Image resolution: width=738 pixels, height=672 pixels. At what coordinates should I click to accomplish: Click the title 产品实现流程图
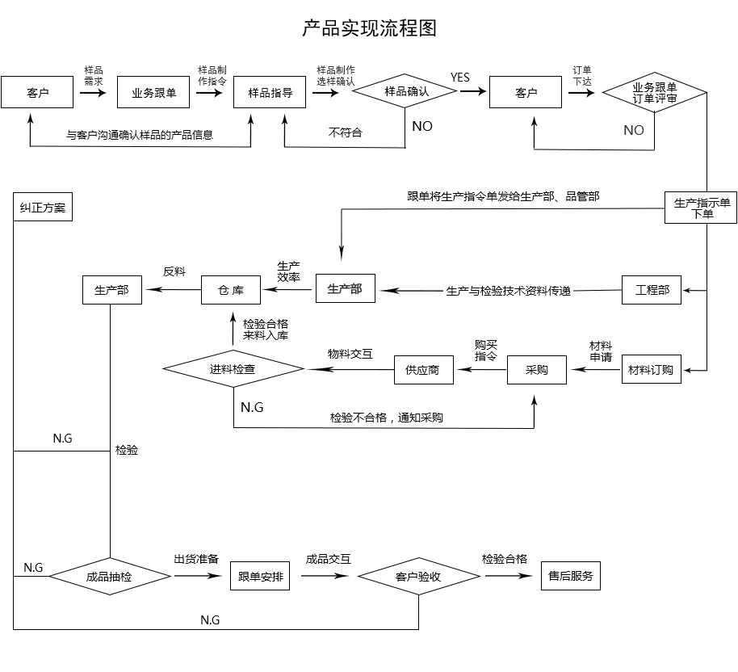pos(369,29)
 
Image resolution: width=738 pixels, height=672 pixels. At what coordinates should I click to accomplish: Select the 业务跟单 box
pos(153,93)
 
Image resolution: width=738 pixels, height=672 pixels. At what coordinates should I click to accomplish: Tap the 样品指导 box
pos(270,93)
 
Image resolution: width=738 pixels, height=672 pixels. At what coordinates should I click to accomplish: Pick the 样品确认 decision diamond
pos(406,92)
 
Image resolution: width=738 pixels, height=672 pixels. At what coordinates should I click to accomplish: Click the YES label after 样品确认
pos(460,78)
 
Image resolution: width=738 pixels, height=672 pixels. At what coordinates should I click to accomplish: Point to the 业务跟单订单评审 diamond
pos(655,93)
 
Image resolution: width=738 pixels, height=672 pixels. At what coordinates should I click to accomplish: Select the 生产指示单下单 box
pos(701,208)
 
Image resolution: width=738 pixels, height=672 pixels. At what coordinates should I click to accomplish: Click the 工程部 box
pos(652,290)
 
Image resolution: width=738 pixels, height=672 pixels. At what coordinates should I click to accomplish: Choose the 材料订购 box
pos(651,371)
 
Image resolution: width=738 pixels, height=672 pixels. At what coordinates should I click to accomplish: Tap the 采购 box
pos(537,370)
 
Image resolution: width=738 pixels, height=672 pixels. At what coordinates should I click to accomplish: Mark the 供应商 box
pos(423,370)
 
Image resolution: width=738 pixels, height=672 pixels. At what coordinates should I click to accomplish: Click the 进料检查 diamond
pos(233,369)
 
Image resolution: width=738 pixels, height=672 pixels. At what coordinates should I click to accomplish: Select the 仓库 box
pos(231,290)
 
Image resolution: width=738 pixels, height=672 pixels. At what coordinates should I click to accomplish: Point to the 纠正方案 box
pos(43,208)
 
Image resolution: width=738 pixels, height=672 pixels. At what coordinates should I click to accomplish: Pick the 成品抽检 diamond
pos(109,577)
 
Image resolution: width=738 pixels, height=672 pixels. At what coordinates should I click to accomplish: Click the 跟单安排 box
pos(260,577)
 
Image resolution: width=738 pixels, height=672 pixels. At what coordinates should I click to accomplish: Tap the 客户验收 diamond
pos(418,577)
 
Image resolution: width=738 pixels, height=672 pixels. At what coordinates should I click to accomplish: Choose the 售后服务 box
pos(570,576)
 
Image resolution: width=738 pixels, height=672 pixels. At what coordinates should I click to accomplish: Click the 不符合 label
pos(346,132)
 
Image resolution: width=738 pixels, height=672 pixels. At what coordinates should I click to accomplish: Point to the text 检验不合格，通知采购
pos(386,418)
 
